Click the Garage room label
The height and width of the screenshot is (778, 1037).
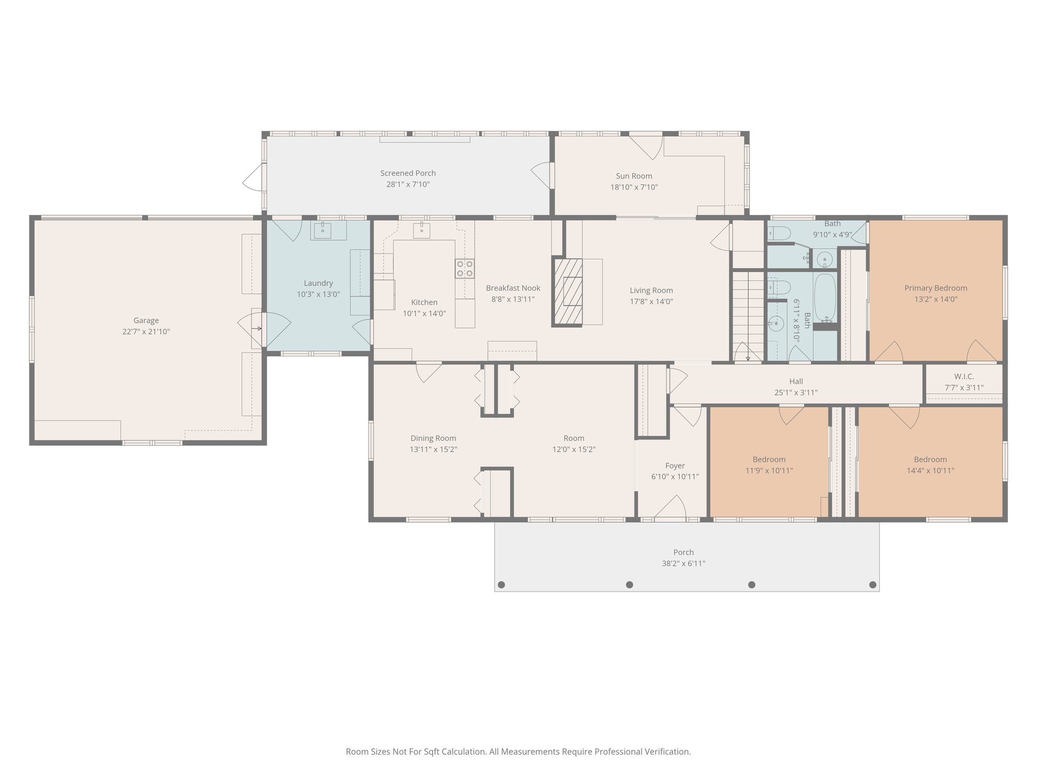point(146,320)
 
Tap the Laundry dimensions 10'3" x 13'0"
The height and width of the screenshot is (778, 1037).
point(318,294)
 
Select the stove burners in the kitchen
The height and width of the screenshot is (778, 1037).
point(465,268)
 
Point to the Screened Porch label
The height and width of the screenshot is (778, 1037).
point(408,173)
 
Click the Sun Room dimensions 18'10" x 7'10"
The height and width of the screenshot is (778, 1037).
point(633,187)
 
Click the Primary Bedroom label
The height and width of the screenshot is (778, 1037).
point(935,288)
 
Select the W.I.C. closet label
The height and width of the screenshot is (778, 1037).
point(964,376)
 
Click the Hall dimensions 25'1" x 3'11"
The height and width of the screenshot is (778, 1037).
point(795,392)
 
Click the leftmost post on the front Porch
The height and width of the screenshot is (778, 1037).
point(501,585)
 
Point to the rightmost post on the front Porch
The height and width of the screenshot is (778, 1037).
point(872,585)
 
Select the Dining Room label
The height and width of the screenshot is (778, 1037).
point(433,438)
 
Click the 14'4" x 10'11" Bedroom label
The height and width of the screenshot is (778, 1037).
point(930,459)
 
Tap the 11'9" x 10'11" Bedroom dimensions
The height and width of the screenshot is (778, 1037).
point(769,470)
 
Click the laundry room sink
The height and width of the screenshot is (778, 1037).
point(323,230)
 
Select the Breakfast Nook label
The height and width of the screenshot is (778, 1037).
point(513,288)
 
